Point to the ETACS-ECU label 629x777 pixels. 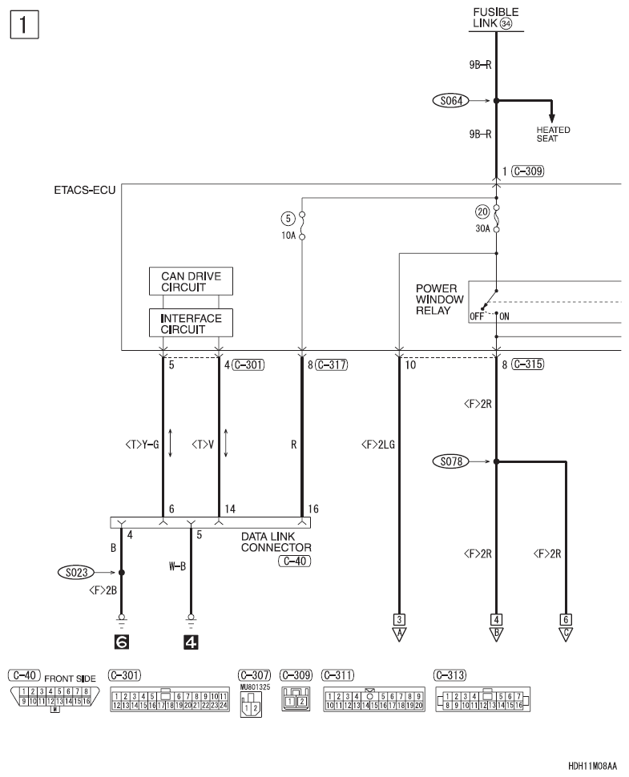point(91,191)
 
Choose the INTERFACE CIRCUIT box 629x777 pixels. point(191,322)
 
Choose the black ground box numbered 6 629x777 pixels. point(122,641)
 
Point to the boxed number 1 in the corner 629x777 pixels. point(25,24)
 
